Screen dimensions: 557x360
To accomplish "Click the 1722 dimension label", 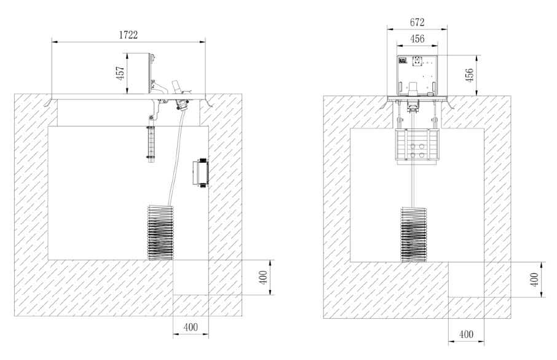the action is [x=128, y=35].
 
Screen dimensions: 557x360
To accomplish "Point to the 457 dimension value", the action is [x=120, y=73].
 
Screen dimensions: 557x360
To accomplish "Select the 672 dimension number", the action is [x=417, y=22].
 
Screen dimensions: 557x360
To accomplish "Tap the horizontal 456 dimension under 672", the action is [x=417, y=38].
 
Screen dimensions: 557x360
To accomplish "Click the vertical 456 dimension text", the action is [x=469, y=76].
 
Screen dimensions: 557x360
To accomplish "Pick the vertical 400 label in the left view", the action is [x=263, y=277].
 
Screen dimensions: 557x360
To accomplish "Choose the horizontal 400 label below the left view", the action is [x=191, y=327].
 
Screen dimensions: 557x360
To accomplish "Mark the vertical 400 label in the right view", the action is [x=535, y=280].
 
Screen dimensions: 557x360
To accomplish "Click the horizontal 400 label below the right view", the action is [x=466, y=334].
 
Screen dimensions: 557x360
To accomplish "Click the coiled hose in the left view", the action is [x=160, y=233].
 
